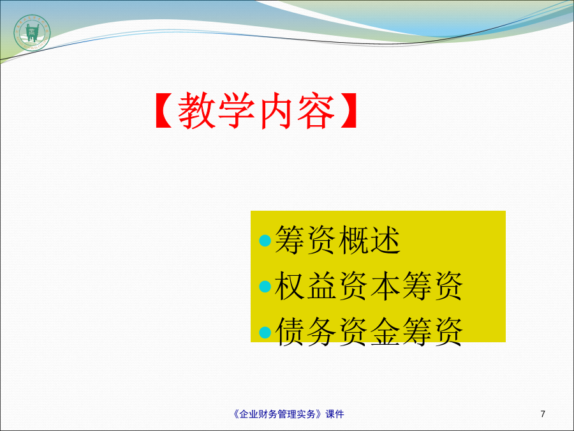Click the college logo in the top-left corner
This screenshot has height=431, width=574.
tap(33, 33)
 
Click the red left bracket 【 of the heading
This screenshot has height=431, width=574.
tap(164, 110)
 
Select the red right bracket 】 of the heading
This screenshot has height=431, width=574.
tap(349, 110)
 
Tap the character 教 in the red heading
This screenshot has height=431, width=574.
tap(197, 110)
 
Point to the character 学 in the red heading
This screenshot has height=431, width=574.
tap(237, 110)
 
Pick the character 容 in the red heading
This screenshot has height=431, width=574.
tap(316, 110)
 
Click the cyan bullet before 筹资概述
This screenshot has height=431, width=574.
tap(265, 241)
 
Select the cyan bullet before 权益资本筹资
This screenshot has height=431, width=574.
tap(265, 287)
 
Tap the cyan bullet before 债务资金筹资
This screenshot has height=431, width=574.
tap(265, 333)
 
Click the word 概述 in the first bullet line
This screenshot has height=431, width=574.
tap(369, 240)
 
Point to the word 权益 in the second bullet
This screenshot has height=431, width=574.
tap(305, 286)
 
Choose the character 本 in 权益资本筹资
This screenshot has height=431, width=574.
tap(385, 286)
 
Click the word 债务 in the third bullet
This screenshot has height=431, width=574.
tap(305, 331)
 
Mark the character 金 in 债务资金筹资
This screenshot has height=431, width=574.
tap(385, 331)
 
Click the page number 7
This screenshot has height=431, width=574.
tap(543, 414)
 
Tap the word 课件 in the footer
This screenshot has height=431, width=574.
tap(335, 414)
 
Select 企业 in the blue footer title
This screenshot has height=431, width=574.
tap(249, 414)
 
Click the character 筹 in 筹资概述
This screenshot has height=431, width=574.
tap(290, 240)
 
